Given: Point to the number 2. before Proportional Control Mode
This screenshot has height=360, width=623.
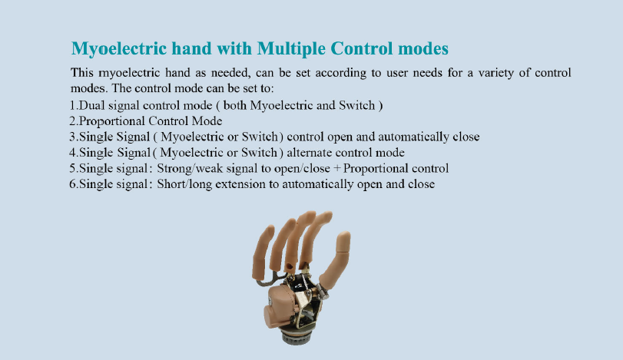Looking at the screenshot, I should (x=74, y=121).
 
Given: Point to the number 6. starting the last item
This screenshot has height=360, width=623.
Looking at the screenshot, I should (x=74, y=184).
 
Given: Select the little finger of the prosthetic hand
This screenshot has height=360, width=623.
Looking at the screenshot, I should (x=263, y=250).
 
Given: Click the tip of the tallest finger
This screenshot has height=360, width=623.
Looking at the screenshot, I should (x=308, y=216).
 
